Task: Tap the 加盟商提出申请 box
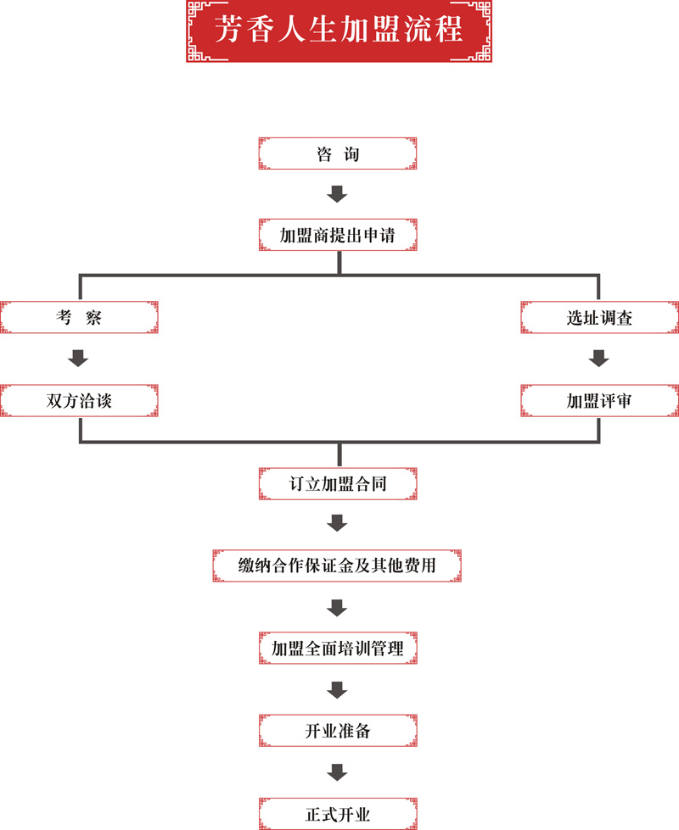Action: click(x=338, y=235)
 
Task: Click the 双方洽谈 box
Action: click(x=79, y=401)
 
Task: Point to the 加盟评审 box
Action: click(x=599, y=401)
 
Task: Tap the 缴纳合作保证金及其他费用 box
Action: click(x=338, y=564)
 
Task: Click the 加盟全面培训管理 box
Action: click(x=338, y=649)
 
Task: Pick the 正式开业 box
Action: click(x=338, y=814)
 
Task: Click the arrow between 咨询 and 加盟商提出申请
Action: click(x=338, y=194)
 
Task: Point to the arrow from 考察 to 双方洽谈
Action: click(x=79, y=359)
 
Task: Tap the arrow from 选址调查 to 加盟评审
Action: click(x=599, y=359)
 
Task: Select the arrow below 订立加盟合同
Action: click(x=338, y=523)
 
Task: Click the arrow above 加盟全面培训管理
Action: click(x=338, y=607)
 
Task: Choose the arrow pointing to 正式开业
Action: click(x=338, y=772)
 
